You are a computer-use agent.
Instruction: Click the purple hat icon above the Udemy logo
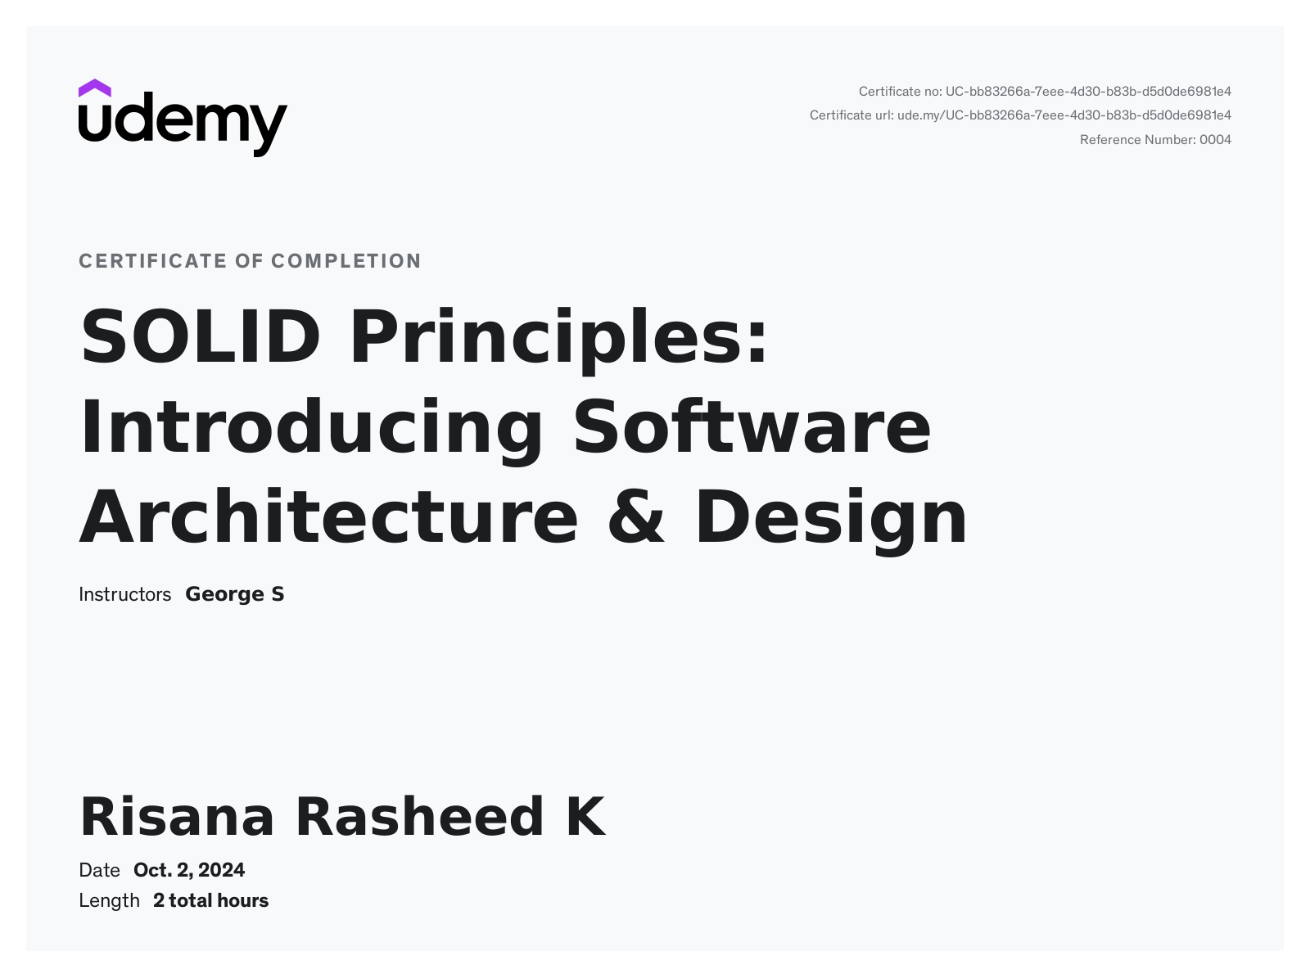95,88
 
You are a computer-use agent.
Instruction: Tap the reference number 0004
1215,140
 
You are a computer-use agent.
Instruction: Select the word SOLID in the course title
200,336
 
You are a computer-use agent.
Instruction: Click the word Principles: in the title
559,338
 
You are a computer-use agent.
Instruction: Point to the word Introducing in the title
311,427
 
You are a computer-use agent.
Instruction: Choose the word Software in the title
752,427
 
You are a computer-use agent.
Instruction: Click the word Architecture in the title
328,517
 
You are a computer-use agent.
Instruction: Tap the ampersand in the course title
636,517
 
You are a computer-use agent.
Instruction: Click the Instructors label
124,594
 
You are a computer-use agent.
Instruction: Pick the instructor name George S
235,594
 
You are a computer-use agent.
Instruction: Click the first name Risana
177,817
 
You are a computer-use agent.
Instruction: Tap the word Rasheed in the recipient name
419,817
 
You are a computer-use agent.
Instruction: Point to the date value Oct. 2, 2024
189,870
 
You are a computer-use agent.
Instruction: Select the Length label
109,901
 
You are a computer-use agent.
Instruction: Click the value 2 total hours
210,900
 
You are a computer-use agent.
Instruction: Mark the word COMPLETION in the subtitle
346,261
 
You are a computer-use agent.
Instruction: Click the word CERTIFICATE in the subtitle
152,261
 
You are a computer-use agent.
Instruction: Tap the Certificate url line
1020,115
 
